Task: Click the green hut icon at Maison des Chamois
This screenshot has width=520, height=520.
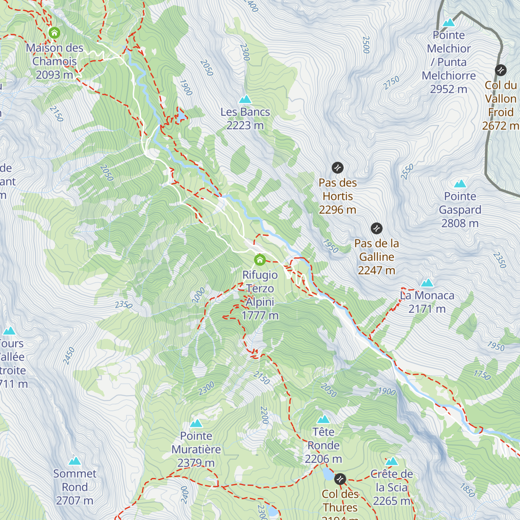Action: click(x=54, y=32)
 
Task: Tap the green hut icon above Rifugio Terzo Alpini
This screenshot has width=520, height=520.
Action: click(x=260, y=260)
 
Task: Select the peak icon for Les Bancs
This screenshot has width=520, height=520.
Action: click(x=245, y=99)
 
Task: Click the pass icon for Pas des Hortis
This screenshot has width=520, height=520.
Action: click(x=338, y=167)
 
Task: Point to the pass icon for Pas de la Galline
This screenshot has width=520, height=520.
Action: click(x=377, y=228)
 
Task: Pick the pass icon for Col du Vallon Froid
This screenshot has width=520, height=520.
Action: click(x=500, y=70)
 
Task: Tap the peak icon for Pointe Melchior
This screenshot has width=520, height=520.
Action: click(x=448, y=22)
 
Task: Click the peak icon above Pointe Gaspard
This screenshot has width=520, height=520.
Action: click(x=460, y=184)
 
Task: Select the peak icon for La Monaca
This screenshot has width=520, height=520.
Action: click(x=427, y=283)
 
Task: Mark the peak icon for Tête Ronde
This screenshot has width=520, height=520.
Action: click(x=323, y=419)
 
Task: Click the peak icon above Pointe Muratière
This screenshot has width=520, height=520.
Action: click(x=196, y=423)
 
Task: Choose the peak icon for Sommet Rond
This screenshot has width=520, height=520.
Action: click(x=75, y=460)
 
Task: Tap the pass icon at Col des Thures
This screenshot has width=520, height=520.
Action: click(x=340, y=479)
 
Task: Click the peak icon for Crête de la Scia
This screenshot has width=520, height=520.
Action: click(x=391, y=461)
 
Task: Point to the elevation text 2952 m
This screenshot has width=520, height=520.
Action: click(x=448, y=89)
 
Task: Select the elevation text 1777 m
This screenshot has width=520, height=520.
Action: click(x=260, y=315)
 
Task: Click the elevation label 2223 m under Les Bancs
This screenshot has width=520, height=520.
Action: click(x=245, y=125)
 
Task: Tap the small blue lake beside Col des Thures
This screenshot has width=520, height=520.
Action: click(x=328, y=475)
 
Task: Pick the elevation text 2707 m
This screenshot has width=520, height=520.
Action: click(x=75, y=500)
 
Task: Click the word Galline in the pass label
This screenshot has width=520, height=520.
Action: click(x=377, y=257)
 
